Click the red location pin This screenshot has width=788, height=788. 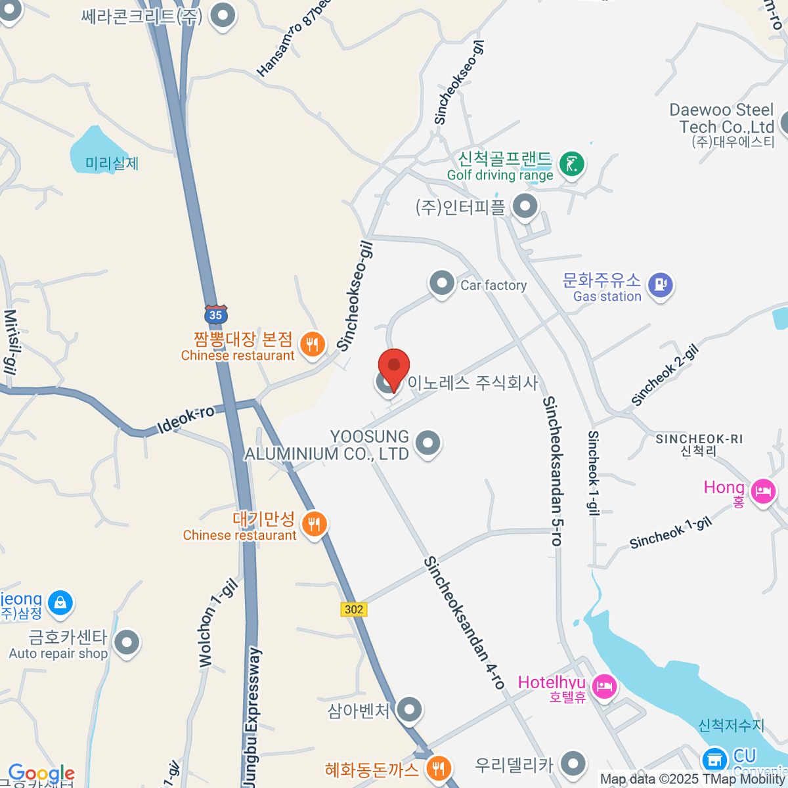(x=394, y=366)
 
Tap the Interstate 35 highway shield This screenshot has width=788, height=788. (x=215, y=314)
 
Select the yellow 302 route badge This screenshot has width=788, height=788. (x=353, y=609)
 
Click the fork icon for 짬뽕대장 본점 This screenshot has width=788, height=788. (x=313, y=344)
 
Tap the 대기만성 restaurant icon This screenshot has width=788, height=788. (x=315, y=524)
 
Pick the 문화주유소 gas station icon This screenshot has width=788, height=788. (x=660, y=285)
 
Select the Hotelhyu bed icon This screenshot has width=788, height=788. (x=604, y=687)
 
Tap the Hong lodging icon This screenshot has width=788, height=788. (x=763, y=491)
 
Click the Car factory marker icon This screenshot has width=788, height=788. (x=442, y=284)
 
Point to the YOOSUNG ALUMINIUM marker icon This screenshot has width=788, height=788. (x=428, y=443)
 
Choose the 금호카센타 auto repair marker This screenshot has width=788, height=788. (x=127, y=643)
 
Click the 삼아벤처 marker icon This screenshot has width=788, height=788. (x=410, y=709)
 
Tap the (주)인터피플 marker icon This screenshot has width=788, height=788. (x=525, y=207)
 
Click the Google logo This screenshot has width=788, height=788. (x=41, y=774)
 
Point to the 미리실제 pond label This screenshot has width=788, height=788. (x=112, y=164)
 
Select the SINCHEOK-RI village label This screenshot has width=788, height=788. (x=699, y=439)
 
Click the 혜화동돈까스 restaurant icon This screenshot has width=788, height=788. (x=438, y=768)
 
